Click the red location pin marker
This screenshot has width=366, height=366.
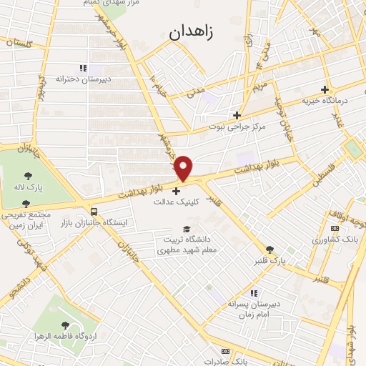tap(184, 167)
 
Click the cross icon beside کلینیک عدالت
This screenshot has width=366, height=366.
tap(177, 191)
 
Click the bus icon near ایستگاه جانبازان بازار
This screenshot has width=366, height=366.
tap(94, 212)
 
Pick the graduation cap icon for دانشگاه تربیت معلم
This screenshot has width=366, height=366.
tap(187, 229)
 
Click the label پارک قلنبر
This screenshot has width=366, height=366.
tap(269, 261)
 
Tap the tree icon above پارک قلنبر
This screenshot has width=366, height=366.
tap(269, 249)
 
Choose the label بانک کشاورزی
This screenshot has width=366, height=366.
tap(332, 239)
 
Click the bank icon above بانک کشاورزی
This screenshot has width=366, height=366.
tap(334, 228)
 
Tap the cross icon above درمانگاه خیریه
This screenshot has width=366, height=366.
tap(325, 90)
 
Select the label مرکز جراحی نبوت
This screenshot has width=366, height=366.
tap(237, 127)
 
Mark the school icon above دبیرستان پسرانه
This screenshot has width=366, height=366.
tap(252, 292)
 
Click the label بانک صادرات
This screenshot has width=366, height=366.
tap(242, 362)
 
